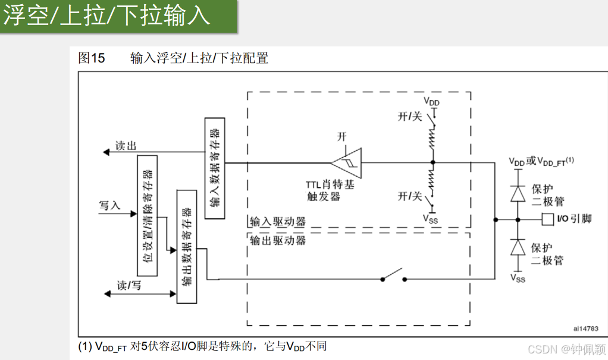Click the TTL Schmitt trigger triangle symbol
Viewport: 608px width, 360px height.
[347, 162]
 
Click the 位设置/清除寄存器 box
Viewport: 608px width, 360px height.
[148, 215]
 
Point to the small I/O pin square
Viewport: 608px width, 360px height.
[547, 219]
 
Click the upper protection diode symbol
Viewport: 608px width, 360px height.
[518, 193]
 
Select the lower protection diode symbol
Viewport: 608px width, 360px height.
[518, 246]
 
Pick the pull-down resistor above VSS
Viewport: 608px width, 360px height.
[433, 181]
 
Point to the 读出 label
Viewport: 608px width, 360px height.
[126, 146]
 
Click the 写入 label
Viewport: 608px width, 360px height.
[109, 206]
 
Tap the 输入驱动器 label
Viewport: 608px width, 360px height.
[277, 221]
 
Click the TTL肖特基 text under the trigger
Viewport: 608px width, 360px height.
[330, 185]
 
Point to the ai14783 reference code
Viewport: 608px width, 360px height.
[586, 328]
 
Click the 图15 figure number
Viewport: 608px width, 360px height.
[91, 58]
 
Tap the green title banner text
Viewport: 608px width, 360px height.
[107, 15]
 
